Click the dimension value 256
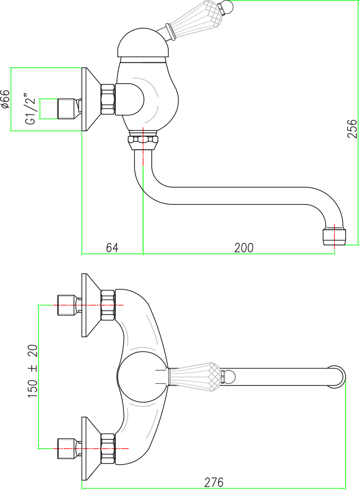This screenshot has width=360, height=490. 352,128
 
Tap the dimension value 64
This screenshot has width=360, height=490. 112,247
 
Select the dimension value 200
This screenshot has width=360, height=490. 244,247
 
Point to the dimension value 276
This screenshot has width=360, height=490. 214,482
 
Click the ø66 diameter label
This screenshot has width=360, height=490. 5,100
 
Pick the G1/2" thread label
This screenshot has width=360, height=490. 31,109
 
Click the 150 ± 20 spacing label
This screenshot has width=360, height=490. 33,371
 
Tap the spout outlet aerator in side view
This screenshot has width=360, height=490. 334,237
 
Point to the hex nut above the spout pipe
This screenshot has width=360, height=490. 143,140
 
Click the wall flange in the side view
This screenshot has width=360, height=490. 88,99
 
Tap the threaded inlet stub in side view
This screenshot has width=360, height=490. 67,109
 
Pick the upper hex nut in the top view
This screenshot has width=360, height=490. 108,305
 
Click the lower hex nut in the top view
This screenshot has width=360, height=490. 108,448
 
